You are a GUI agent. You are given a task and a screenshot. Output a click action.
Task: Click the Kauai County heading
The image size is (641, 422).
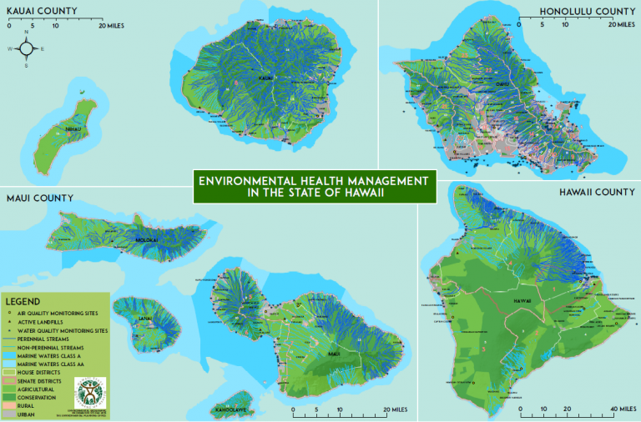[43, 11]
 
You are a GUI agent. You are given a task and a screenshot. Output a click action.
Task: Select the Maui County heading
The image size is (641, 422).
[39, 198]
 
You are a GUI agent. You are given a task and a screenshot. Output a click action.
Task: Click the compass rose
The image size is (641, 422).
[26, 48]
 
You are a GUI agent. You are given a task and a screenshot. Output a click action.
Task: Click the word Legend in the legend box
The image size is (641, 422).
[23, 300]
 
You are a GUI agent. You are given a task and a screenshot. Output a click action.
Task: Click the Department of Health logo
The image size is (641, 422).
[91, 390]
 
